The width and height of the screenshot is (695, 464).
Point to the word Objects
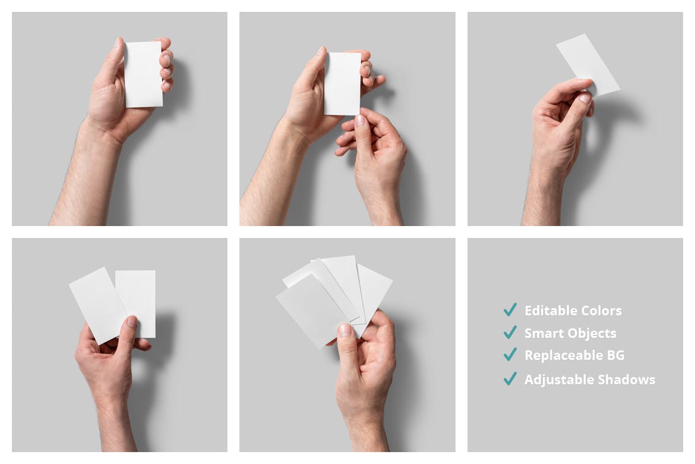(x=590, y=334)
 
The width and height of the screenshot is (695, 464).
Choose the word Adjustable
(x=559, y=380)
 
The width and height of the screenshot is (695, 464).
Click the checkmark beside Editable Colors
(x=510, y=310)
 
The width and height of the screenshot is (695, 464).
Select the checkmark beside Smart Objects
(x=510, y=332)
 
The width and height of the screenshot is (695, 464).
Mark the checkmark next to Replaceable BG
(x=510, y=355)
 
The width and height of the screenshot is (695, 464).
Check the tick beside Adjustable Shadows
(x=510, y=379)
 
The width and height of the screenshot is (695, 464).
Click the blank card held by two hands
(x=342, y=84)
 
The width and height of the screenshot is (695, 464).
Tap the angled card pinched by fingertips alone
(x=587, y=64)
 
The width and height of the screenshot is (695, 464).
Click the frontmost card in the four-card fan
(x=312, y=309)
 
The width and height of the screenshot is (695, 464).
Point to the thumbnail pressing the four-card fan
(x=345, y=330)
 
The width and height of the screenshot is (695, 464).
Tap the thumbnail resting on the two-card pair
(x=132, y=321)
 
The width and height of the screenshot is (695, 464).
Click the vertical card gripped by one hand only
(x=143, y=74)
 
